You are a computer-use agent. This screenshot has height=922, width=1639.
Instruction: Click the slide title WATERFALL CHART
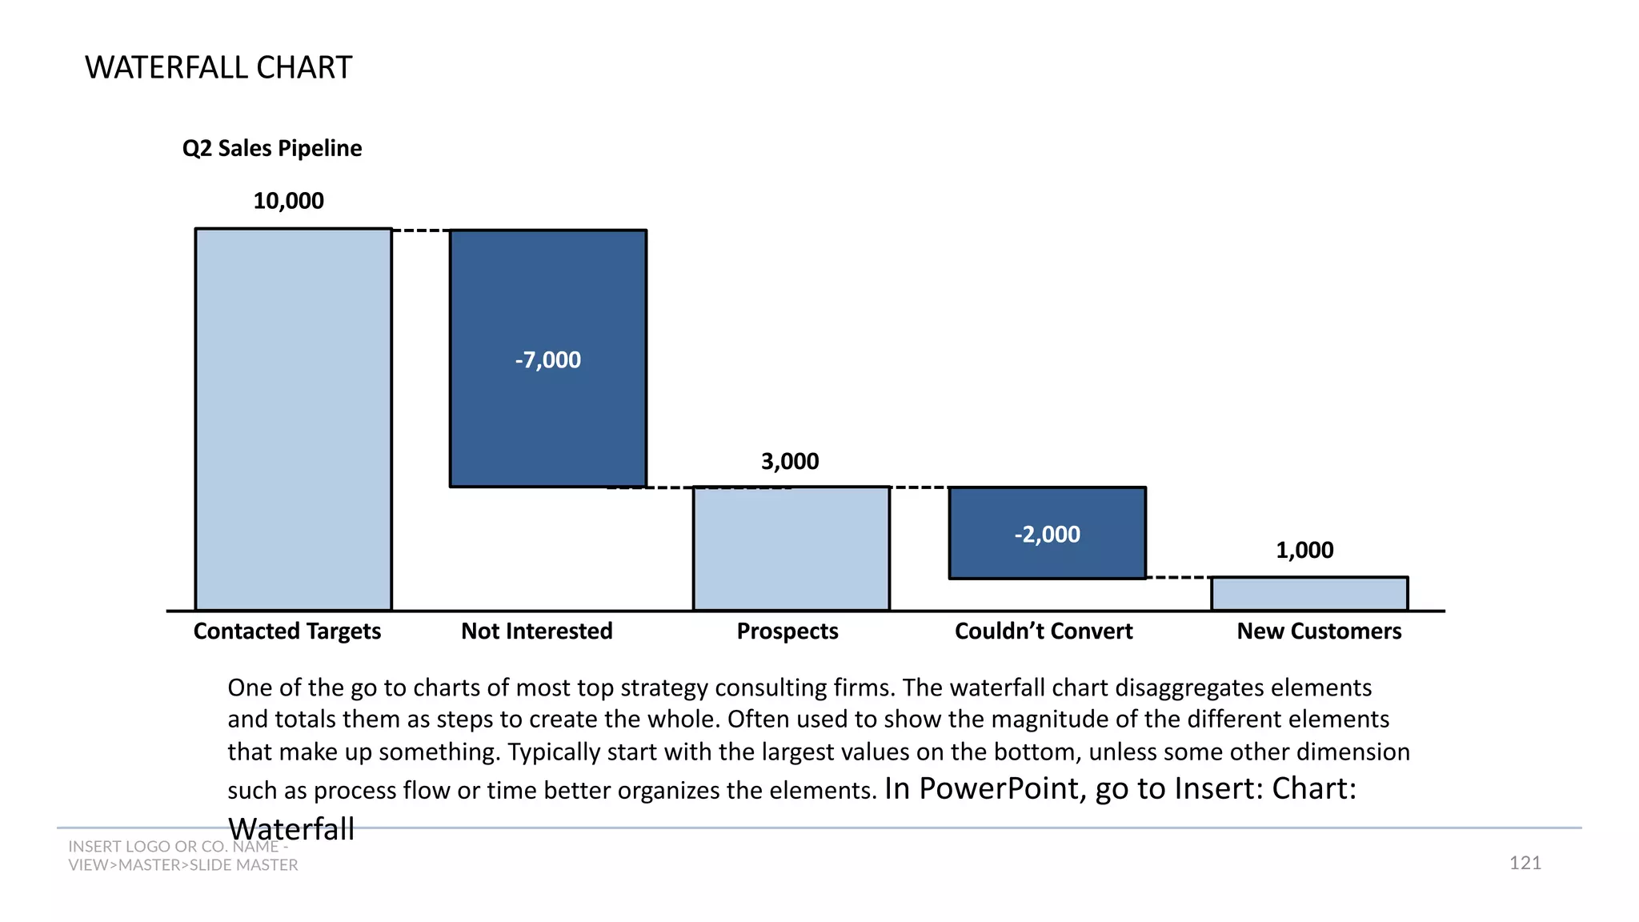[x=218, y=67]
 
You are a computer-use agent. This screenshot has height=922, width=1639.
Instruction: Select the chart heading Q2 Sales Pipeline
[x=272, y=148]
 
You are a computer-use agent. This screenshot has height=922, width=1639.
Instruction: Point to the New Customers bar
[x=1309, y=594]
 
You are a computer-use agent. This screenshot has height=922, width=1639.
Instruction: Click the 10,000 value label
[x=288, y=200]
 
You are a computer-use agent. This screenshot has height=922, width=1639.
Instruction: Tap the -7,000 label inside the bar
[x=548, y=359]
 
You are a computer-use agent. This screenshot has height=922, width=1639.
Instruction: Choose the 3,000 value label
[x=790, y=461]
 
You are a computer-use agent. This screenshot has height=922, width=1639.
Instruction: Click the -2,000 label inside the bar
[x=1047, y=534]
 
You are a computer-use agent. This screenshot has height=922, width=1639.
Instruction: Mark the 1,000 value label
[x=1304, y=550]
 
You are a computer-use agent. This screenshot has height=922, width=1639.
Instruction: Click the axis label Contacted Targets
[x=287, y=631]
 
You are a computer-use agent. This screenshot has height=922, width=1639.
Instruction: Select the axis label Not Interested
[x=537, y=631]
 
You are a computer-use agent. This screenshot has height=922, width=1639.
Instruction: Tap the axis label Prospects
[x=787, y=631]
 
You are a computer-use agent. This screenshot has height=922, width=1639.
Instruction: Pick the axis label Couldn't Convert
[x=1044, y=631]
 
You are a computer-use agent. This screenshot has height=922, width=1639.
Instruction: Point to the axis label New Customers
[x=1319, y=631]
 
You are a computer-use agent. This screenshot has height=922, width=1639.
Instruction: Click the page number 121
[x=1525, y=862]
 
